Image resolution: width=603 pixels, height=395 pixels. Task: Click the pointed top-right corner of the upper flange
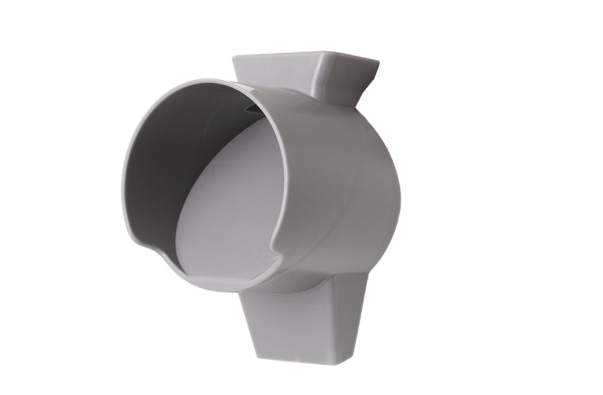(x=378, y=62)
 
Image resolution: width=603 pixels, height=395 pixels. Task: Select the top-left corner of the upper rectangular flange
(x=233, y=57)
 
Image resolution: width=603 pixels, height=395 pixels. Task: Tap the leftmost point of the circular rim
(x=122, y=187)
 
